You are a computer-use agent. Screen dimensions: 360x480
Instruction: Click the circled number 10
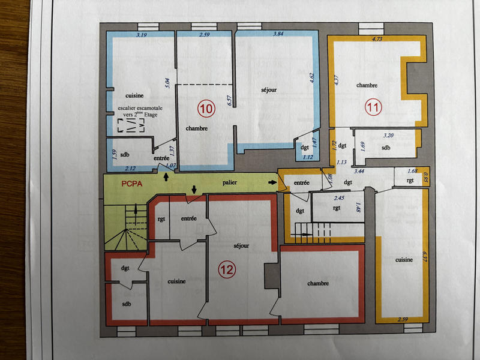point(206,109)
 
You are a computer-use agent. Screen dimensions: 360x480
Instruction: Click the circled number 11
point(374,109)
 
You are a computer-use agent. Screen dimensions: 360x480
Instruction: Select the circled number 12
point(226,270)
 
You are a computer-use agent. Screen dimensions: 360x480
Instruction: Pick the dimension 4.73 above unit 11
point(377,40)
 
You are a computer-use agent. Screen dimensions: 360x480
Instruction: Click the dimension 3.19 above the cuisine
point(142,37)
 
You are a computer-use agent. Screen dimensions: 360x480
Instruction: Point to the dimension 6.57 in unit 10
point(229,100)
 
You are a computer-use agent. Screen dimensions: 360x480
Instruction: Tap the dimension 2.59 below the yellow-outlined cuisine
point(401,319)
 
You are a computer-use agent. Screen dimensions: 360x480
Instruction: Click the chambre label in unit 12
point(317,283)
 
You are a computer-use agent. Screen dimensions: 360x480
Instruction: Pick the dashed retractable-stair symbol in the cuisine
point(132,125)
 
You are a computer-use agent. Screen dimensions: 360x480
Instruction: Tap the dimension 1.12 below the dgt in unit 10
point(308,158)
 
